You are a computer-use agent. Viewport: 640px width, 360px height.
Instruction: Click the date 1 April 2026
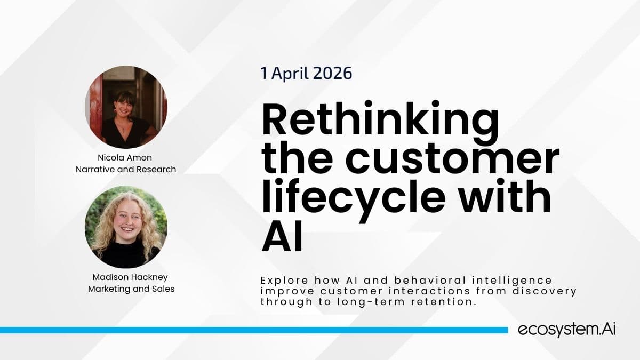[306, 73]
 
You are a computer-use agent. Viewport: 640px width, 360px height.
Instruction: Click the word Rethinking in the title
[380, 122]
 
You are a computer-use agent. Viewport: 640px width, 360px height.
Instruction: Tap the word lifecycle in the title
[353, 197]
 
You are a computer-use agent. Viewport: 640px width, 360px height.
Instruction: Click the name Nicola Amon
[126, 158]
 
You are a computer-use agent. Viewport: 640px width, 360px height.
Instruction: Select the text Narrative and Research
[126, 170]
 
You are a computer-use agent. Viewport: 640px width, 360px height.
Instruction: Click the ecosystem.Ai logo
[567, 330]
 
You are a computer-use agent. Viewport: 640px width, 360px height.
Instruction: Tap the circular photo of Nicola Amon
[126, 107]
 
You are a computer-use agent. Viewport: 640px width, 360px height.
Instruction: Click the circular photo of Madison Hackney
[126, 227]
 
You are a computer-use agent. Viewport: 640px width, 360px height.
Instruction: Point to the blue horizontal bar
[253, 330]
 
